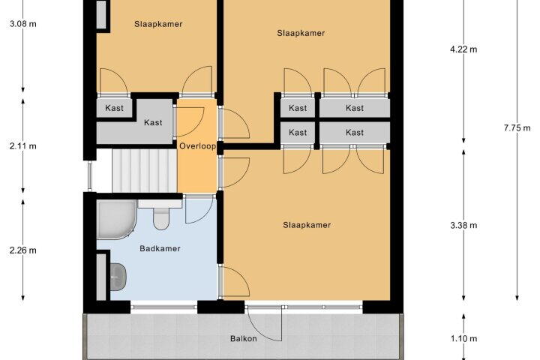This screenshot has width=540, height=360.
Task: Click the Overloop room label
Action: [x=198, y=146]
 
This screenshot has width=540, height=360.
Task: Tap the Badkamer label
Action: [x=160, y=248]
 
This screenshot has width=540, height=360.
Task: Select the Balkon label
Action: [x=244, y=338]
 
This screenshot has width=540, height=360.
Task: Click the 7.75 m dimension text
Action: [x=517, y=128]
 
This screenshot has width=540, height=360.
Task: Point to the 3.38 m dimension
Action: [x=463, y=225]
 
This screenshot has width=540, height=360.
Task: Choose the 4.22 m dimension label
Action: [x=463, y=49]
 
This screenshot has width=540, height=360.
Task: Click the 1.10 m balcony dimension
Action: [x=463, y=339]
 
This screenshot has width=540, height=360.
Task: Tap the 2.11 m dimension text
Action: [x=22, y=146]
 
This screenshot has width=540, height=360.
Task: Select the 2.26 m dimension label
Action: [x=22, y=250]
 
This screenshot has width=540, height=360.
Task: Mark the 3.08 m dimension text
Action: [x=22, y=24]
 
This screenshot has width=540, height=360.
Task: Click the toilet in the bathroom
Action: [x=160, y=215]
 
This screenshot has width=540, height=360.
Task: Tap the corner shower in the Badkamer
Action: [x=117, y=220]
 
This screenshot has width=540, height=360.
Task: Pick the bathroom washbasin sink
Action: [x=118, y=277]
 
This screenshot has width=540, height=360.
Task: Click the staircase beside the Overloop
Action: [x=145, y=170]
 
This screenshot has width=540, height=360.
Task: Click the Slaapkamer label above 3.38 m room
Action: [x=307, y=225]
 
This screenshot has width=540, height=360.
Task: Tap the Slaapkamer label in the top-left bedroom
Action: [x=158, y=24]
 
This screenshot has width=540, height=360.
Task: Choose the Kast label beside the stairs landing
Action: [x=153, y=123]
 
